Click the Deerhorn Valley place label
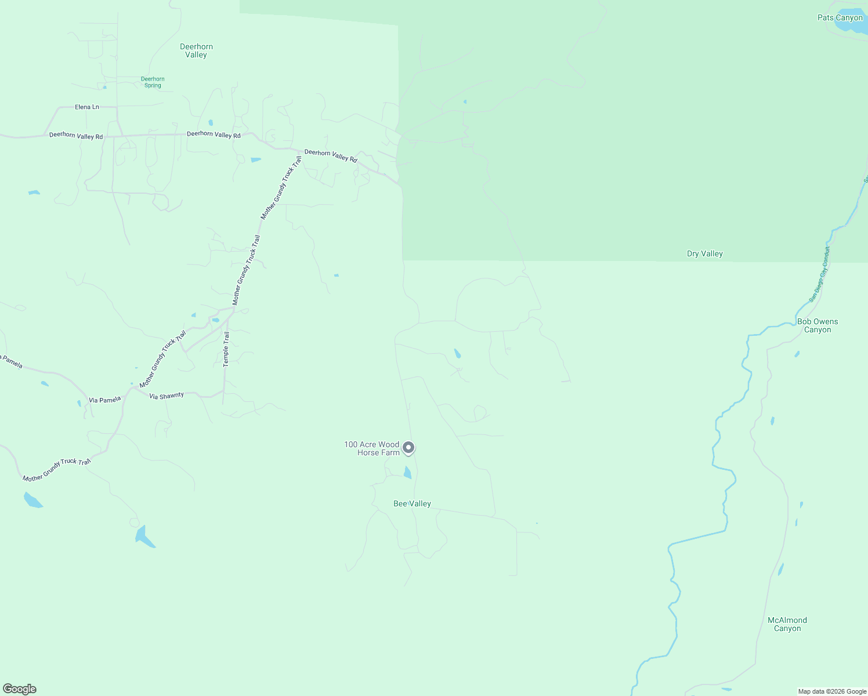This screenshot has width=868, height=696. click(196, 50)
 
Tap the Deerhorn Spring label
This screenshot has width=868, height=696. click(153, 82)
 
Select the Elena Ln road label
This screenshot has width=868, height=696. click(87, 107)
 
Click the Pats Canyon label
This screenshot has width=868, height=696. click(840, 17)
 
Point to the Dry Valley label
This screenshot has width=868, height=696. click(704, 253)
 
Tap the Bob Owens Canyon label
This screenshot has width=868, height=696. click(817, 325)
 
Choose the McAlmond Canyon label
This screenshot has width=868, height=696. click(787, 624)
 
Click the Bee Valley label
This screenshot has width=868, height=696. click(412, 503)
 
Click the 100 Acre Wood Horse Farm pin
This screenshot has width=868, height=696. click(408, 448)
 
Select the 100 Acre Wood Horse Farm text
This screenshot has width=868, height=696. click(372, 448)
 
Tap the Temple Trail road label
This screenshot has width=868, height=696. click(226, 349)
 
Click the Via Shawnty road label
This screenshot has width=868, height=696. click(167, 396)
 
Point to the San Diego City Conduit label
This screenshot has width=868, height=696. click(819, 274)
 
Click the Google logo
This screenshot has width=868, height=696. click(20, 689)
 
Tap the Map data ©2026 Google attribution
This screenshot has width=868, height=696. click(832, 691)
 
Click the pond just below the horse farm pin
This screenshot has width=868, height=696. click(407, 473)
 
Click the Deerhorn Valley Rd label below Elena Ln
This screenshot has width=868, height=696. click(76, 136)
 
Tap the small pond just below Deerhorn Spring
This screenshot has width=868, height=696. click(105, 88)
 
